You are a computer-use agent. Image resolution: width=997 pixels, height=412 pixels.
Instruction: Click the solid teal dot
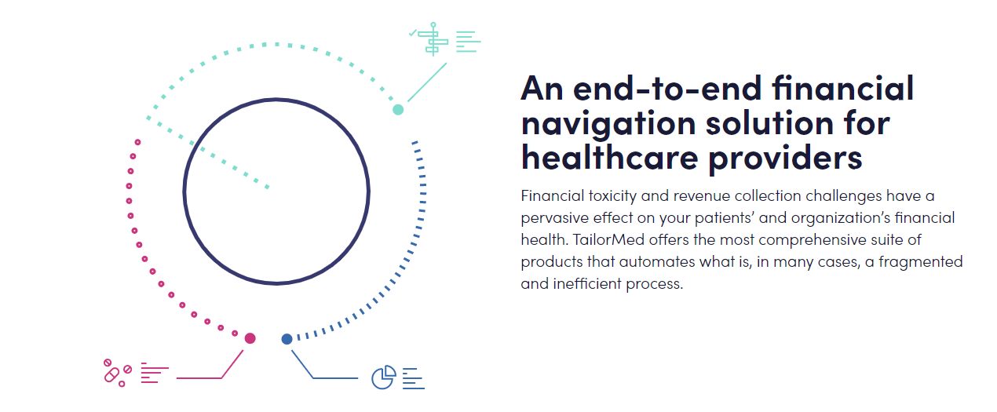click(398, 109)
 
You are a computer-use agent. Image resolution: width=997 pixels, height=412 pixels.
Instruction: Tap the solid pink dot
click(250, 338)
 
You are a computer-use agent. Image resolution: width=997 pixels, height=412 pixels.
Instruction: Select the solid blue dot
click(287, 340)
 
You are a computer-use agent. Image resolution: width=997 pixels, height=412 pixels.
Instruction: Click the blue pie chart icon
click(384, 377)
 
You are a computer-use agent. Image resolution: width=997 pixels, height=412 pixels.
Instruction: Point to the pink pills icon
click(118, 373)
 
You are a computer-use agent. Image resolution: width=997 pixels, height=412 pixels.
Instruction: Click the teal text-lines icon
click(468, 42)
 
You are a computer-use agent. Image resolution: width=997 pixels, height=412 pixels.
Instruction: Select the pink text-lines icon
click(155, 373)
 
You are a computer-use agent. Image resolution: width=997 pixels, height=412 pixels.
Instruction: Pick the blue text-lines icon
click(414, 378)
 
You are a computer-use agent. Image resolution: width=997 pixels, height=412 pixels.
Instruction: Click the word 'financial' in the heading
click(843, 88)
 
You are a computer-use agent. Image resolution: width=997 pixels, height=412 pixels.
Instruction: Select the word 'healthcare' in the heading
click(610, 157)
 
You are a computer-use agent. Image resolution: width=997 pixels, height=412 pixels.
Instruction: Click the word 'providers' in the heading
click(786, 159)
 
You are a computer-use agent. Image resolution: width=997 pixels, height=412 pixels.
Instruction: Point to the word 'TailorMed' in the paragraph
click(608, 240)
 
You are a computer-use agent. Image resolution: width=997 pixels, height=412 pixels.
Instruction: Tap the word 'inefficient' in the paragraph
click(587, 284)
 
